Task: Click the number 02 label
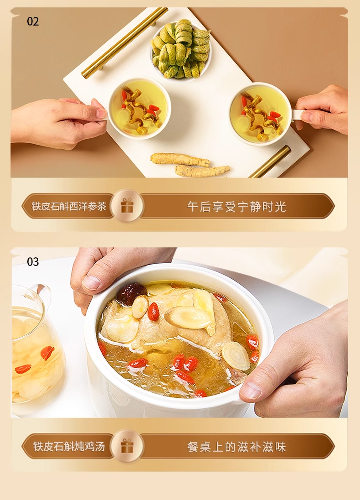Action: click(x=33, y=21)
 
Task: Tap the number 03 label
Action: click(x=33, y=262)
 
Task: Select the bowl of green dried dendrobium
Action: click(x=180, y=49)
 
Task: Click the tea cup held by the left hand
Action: click(x=139, y=108)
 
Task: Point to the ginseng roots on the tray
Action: click(x=190, y=165)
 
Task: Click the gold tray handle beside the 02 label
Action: click(x=124, y=43)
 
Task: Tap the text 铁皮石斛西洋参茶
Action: click(x=69, y=206)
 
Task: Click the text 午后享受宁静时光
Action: click(x=237, y=206)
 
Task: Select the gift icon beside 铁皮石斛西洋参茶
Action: click(x=127, y=206)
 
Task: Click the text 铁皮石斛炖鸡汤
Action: click(x=69, y=446)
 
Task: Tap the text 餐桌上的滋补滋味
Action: click(x=237, y=447)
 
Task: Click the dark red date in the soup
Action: click(x=131, y=293)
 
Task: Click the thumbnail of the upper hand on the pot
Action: click(x=91, y=282)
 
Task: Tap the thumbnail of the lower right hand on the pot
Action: click(x=251, y=391)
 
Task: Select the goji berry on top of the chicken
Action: click(x=153, y=311)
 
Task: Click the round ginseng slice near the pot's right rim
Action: click(x=236, y=356)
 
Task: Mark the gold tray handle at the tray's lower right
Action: click(x=270, y=161)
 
